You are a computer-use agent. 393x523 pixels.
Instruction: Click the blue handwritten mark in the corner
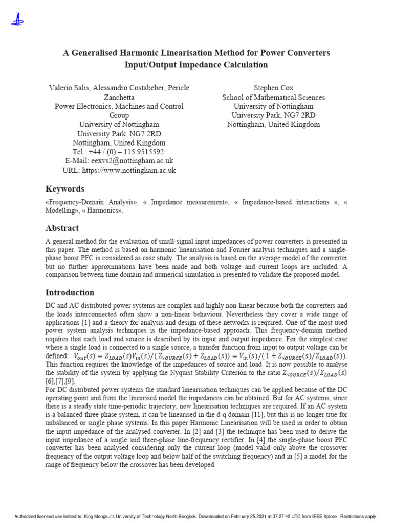[16, 19]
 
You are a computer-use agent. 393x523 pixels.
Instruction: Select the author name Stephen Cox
[273, 88]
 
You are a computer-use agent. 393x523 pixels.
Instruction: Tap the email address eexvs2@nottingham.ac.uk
[132, 161]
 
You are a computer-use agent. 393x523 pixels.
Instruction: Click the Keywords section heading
[65, 189]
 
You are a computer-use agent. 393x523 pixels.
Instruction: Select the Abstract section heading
[62, 228]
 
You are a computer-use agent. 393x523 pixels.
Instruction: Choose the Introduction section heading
[70, 293]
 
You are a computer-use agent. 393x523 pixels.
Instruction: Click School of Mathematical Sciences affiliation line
[273, 97]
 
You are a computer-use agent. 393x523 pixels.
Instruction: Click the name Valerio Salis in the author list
[69, 88]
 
